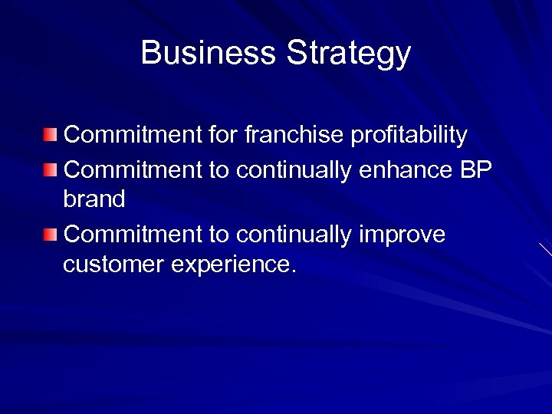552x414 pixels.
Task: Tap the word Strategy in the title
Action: point(349,54)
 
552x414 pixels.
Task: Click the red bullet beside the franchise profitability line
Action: point(50,136)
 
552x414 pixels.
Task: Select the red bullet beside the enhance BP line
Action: point(50,169)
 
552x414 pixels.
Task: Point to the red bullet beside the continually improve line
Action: point(50,234)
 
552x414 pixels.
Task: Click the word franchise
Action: point(294,135)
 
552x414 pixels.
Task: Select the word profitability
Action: point(409,136)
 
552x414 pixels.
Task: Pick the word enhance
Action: point(406,169)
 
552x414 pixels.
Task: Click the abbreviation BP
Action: point(475,169)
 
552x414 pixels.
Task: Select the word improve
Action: point(402,235)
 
